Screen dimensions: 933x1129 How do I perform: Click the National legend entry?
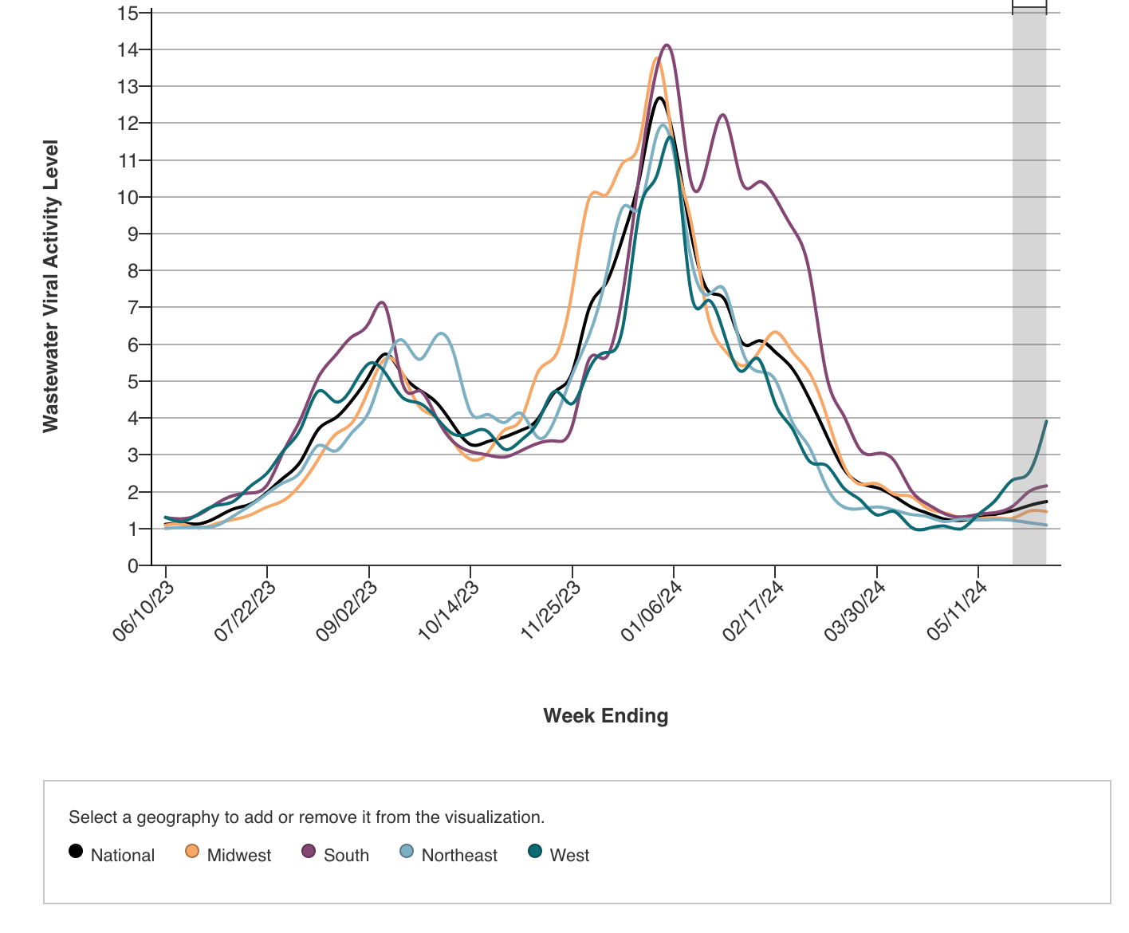(112, 855)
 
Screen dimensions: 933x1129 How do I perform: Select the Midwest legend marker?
(192, 851)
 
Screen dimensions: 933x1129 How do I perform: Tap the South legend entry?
(336, 855)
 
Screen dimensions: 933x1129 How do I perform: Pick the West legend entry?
(559, 855)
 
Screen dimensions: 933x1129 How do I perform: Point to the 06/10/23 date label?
(144, 611)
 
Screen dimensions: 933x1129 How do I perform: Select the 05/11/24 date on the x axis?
(958, 611)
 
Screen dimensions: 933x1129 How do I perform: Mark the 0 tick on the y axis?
(132, 565)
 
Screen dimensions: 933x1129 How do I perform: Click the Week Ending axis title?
(606, 716)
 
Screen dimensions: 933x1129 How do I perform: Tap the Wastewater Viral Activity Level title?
(51, 286)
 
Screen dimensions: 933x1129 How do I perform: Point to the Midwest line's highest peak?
(656, 58)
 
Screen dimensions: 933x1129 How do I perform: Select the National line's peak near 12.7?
(660, 98)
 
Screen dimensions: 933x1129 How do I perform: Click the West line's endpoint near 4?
(1046, 421)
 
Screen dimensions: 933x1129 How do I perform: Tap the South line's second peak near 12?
(722, 115)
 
